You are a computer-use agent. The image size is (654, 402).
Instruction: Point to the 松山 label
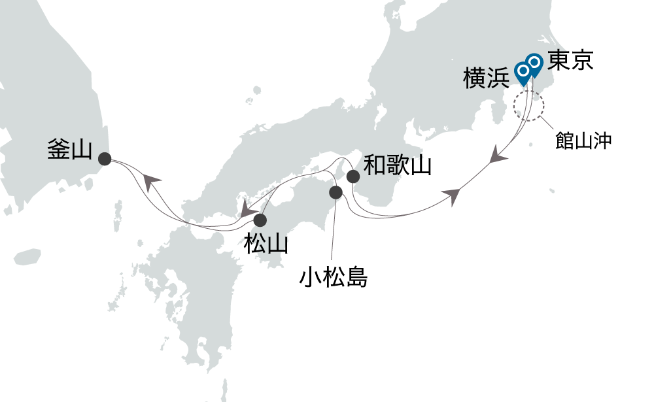coord(265,244)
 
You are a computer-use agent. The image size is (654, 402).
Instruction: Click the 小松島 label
coord(333,278)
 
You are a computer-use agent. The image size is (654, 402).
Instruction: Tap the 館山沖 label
coord(583,141)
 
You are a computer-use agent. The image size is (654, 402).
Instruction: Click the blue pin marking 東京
coord(534,63)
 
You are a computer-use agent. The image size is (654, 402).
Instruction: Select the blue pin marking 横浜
coord(523,71)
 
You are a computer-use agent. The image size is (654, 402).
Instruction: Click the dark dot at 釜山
coord(104,158)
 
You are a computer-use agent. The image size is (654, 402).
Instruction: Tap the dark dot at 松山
coord(261,220)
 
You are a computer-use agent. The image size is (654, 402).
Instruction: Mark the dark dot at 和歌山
coord(353,176)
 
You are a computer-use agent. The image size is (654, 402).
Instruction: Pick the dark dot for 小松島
coord(336,192)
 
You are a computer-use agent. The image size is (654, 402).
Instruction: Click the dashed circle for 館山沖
coord(529,105)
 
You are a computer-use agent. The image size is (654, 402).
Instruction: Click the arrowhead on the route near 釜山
coord(151,182)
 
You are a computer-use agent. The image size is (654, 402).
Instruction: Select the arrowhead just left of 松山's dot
coord(247,210)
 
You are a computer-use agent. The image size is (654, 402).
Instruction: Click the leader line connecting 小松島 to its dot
coord(334,229)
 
